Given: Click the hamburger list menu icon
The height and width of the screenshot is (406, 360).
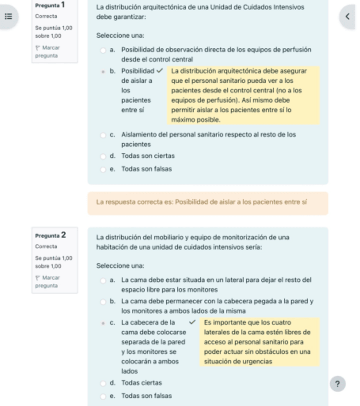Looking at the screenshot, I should [8, 16].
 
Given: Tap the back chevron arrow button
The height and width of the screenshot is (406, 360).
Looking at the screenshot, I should [347, 16].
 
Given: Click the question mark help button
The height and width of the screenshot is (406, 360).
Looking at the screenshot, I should [338, 384].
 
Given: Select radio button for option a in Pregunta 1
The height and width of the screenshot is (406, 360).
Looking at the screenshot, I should [103, 50].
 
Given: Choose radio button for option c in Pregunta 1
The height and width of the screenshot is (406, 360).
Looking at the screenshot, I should [103, 135].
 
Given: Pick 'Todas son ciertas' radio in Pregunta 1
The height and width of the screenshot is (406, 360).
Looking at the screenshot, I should [103, 156].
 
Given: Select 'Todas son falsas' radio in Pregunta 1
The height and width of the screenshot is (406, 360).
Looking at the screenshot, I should [103, 169].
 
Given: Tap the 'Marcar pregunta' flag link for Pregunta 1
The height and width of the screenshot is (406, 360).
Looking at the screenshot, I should [47, 52].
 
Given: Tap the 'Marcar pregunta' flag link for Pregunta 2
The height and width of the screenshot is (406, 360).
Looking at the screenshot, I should [47, 282].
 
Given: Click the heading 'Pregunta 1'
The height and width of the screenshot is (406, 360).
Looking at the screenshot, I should [50, 5].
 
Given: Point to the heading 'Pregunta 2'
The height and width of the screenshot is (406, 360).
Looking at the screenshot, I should [50, 236].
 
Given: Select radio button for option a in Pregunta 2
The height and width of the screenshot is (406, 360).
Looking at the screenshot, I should [103, 280].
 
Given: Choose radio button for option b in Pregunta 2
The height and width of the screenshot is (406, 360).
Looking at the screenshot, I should [103, 302].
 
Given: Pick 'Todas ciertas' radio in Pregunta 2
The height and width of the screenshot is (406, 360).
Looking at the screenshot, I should [103, 383].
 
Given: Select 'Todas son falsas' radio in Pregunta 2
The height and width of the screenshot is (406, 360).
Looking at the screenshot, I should [103, 396].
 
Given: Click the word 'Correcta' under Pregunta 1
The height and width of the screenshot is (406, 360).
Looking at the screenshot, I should [46, 16].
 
